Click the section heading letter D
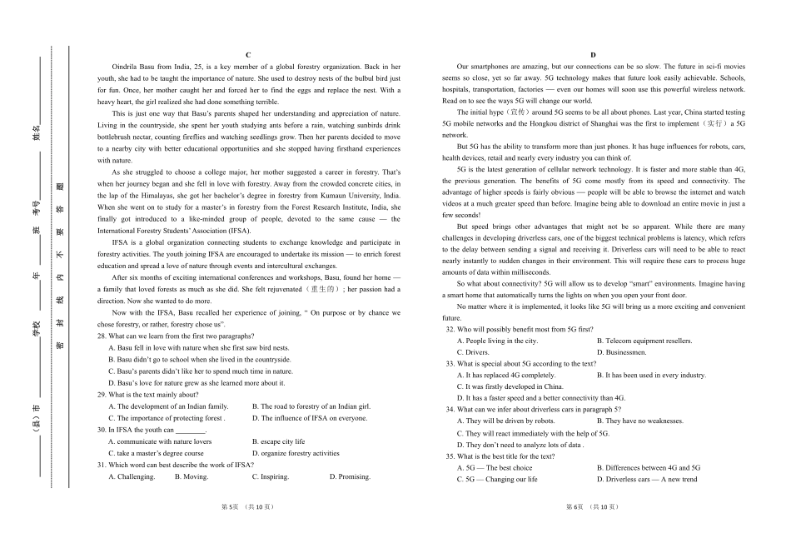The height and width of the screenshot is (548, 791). (594, 55)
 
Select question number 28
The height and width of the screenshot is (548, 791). (102, 336)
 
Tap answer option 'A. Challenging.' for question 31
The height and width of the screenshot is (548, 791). (132, 477)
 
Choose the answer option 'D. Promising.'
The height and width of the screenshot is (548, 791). (350, 477)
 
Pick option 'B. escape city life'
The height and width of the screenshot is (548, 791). (278, 441)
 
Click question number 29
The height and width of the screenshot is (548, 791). (102, 395)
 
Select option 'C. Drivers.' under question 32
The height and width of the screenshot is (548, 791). (473, 352)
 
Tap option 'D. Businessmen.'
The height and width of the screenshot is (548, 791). (622, 352)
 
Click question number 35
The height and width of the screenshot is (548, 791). (450, 456)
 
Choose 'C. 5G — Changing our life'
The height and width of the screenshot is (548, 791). (498, 480)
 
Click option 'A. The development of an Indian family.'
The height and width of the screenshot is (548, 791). (168, 406)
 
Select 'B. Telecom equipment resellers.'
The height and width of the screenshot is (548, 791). (644, 341)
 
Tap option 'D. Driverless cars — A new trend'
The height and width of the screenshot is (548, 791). (647, 480)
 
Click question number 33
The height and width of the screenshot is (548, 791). (450, 364)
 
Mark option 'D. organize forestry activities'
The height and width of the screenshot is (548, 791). (296, 454)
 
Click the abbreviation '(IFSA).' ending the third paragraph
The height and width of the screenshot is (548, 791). (236, 230)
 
